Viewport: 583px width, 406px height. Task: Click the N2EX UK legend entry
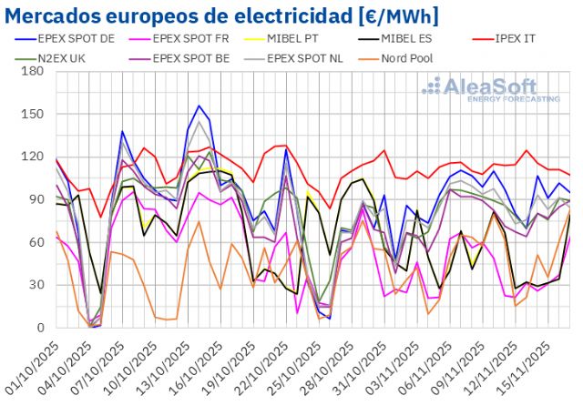(63, 58)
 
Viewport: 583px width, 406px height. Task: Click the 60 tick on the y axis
(36, 242)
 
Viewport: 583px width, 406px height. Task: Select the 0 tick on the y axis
(40, 328)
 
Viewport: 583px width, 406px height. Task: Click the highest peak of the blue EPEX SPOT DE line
(199, 106)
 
